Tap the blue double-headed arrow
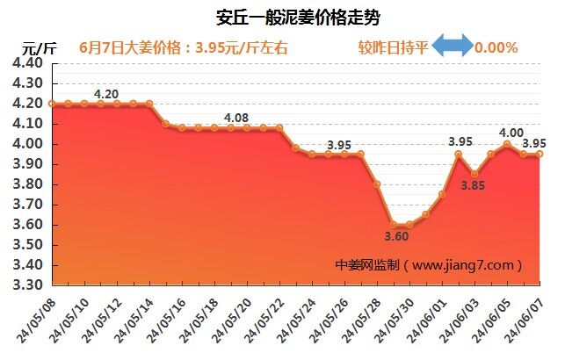(453, 47)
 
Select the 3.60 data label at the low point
(397, 236)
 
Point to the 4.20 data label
(106, 94)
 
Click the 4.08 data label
(237, 118)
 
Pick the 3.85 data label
(474, 185)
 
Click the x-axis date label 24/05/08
(34, 320)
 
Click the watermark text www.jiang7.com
(465, 264)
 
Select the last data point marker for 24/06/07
(540, 154)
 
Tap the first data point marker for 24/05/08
(53, 104)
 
